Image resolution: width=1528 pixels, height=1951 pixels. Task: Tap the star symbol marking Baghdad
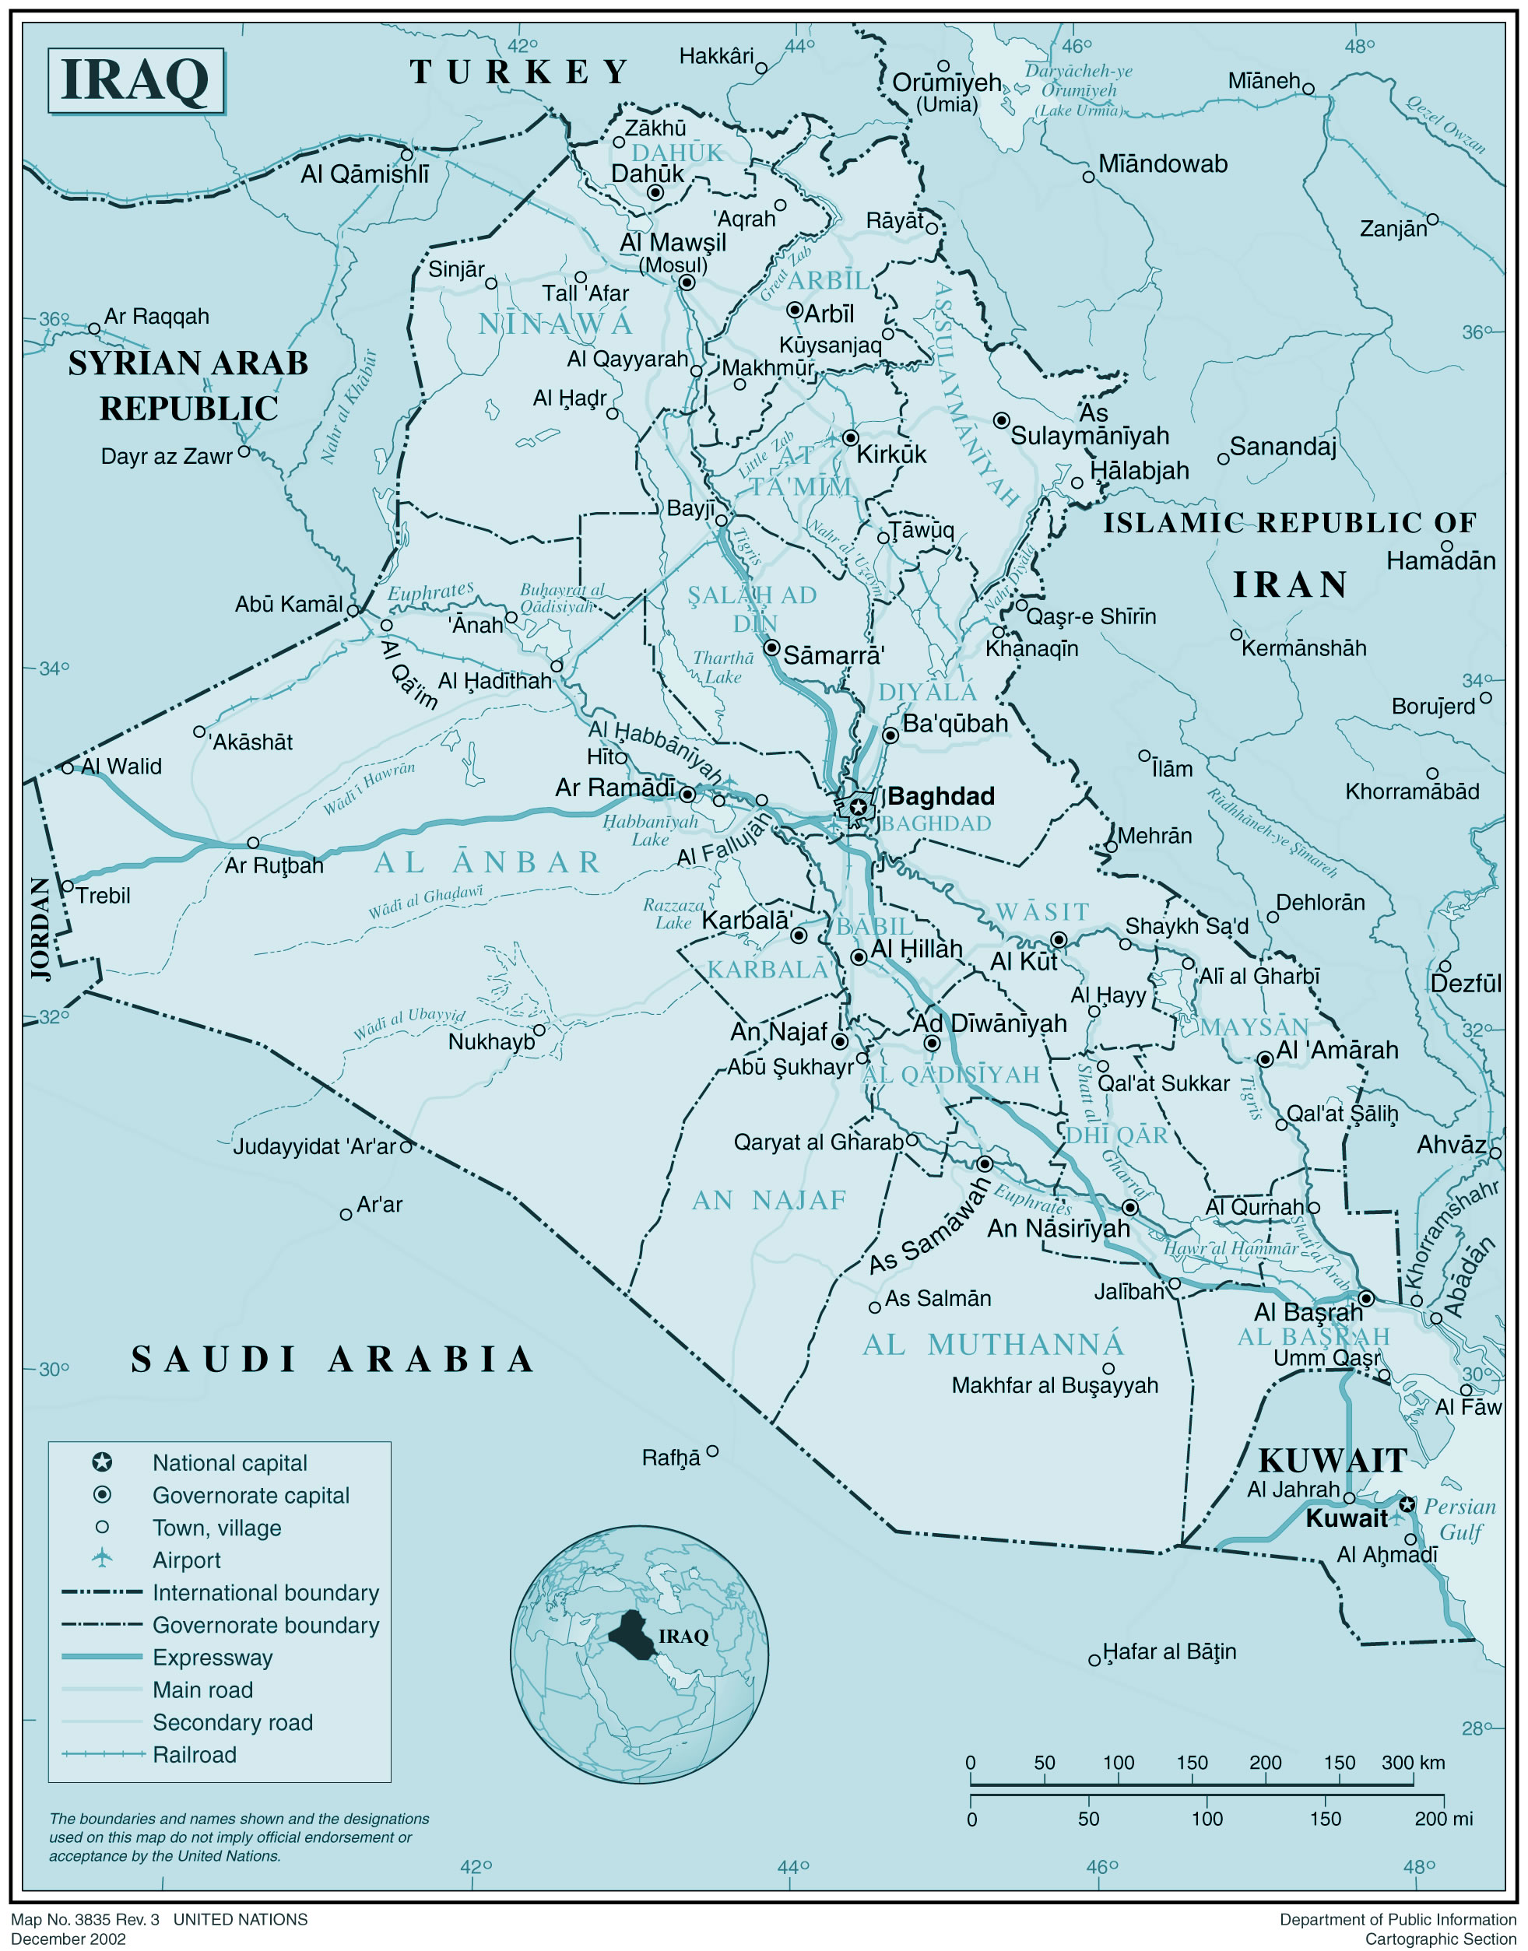(x=858, y=807)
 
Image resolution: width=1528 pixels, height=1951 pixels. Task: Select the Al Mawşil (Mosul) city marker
(x=687, y=282)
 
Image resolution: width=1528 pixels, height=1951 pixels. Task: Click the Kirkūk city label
(x=891, y=454)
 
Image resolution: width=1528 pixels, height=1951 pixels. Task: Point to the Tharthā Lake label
(x=723, y=668)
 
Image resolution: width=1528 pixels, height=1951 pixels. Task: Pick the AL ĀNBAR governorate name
(x=487, y=862)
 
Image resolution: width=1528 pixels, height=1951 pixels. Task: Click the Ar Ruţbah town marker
(x=253, y=843)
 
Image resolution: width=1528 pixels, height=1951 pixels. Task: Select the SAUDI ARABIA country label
(x=333, y=1359)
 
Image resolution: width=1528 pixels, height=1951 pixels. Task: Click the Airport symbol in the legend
(x=102, y=1558)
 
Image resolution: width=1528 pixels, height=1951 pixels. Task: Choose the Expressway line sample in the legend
(x=102, y=1657)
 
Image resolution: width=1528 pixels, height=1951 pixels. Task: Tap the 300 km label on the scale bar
(x=1413, y=1761)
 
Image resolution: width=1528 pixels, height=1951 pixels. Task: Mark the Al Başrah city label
(x=1308, y=1312)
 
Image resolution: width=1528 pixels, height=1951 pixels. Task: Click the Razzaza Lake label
(x=673, y=914)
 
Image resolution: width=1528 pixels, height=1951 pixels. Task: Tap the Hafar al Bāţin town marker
(x=1094, y=1660)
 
